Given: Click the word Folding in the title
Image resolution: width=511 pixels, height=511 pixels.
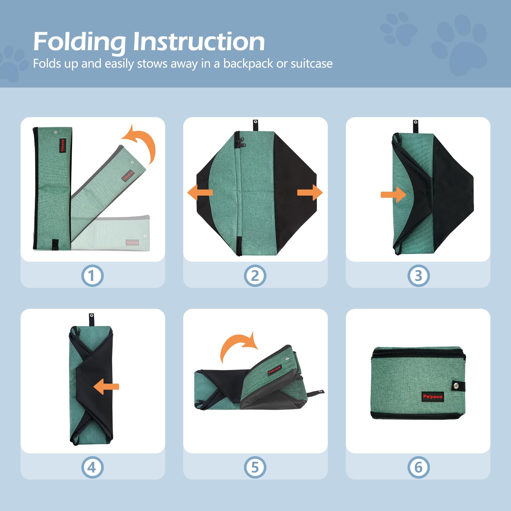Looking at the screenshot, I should tap(79, 42).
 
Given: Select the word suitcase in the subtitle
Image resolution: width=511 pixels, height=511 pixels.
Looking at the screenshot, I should tap(311, 64).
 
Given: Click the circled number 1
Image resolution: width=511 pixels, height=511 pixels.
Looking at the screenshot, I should tap(92, 276).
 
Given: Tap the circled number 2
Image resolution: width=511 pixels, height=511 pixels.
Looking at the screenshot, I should tap(255, 276).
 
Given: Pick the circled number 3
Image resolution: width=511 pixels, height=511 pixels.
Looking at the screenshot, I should tap(418, 276).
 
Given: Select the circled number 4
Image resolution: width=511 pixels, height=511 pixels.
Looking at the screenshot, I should tap(92, 467).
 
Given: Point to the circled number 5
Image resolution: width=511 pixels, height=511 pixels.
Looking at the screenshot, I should tap(255, 467).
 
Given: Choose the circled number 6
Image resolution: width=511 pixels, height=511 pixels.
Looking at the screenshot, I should tap(418, 467).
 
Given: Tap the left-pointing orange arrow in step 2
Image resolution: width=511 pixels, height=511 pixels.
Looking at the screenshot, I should tap(200, 193).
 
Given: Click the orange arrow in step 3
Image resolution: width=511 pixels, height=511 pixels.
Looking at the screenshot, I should tap(393, 195).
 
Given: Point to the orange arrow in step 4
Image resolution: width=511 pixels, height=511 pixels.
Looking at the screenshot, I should tap(106, 387).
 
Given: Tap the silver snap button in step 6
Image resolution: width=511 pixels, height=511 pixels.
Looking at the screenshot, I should tap(456, 386).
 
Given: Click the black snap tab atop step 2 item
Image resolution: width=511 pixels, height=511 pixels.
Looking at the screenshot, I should tap(255, 125).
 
